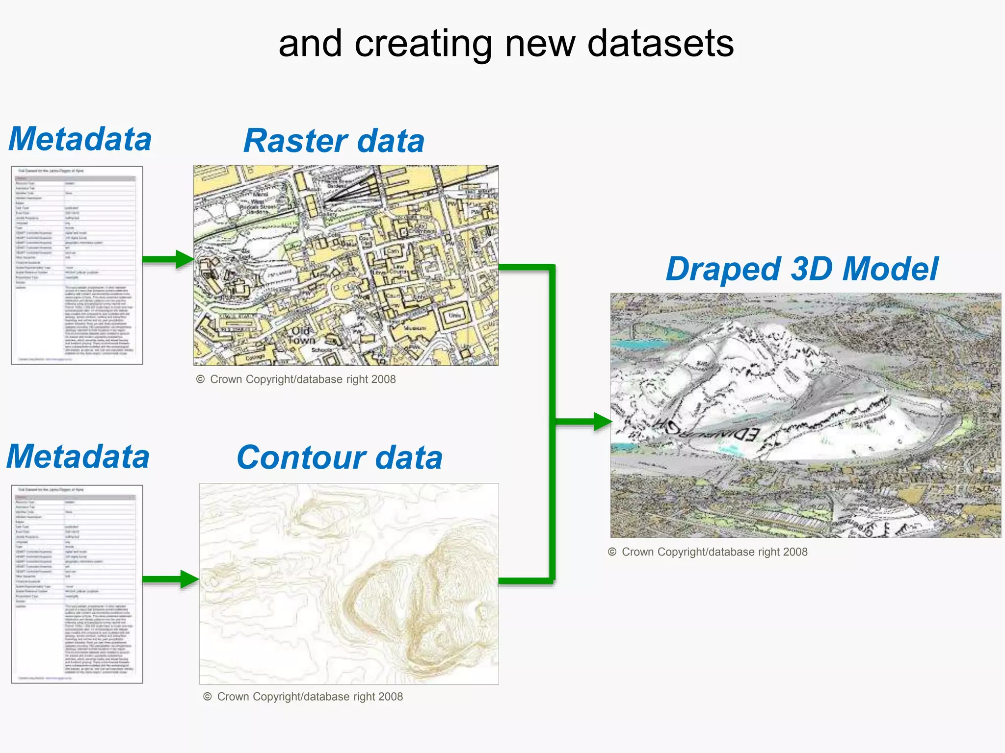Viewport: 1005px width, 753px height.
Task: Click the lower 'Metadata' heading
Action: pos(78,456)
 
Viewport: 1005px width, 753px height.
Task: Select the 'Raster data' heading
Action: pos(334,141)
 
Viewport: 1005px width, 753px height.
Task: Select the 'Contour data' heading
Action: pos(340,457)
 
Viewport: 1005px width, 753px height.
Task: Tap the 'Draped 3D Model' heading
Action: pos(802,269)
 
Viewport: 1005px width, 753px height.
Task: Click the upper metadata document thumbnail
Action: pos(77,265)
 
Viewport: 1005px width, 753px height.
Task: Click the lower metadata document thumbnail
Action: pos(77,584)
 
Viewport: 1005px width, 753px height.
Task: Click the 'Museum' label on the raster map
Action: pos(415,328)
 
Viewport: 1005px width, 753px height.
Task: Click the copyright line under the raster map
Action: pos(296,379)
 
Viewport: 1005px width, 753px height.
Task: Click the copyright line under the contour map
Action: pos(303,697)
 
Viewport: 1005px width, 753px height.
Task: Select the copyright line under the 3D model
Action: pos(708,552)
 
